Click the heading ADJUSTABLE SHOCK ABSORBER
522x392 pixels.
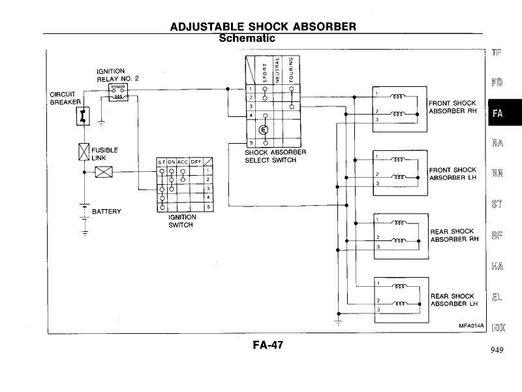[263, 27]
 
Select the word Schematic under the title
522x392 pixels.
[247, 39]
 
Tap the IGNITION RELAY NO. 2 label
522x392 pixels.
[117, 74]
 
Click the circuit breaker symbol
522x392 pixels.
[82, 116]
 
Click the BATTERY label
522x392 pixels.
[106, 212]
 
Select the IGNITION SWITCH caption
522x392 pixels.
[181, 221]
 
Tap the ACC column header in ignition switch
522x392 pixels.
[183, 162]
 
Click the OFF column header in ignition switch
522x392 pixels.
[196, 162]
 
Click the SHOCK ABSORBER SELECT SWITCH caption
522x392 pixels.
[266, 156]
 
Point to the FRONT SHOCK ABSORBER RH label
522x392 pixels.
[452, 107]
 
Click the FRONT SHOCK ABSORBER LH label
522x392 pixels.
[452, 174]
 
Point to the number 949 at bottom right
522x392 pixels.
[496, 350]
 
